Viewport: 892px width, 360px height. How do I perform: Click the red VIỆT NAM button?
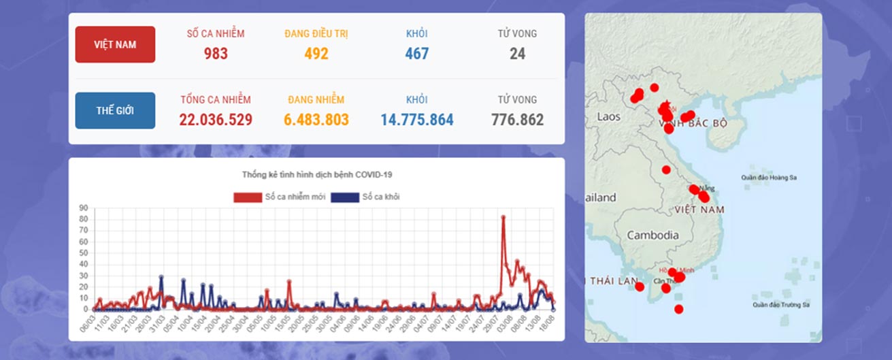115,44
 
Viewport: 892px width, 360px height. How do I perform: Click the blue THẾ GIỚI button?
115,110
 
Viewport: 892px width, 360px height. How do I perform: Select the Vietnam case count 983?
216,53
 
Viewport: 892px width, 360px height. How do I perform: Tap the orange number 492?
316,53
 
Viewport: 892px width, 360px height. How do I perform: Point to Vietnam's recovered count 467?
416,53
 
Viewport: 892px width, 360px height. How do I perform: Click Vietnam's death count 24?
517,53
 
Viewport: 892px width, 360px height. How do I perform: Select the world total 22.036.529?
216,120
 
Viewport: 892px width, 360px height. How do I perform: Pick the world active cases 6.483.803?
316,120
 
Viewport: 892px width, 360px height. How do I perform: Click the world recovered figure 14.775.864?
416,120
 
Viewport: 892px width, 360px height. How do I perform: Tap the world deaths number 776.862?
517,120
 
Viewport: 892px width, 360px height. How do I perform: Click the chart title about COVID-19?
317,175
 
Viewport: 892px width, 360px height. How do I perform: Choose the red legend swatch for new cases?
248,197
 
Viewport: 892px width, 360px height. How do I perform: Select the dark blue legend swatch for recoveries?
344,197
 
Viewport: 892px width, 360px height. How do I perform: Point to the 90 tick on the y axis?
84,208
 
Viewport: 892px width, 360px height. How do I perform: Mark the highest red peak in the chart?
503,217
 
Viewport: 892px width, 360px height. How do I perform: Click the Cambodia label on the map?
653,235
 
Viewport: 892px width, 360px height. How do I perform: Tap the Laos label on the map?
608,116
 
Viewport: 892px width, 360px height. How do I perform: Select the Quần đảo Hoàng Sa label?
769,178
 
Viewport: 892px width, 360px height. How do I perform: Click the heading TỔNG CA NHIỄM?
216,99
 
